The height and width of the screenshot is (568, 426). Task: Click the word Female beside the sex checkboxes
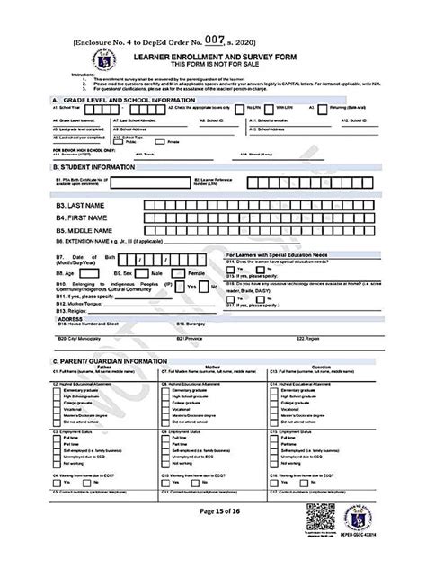(x=197, y=271)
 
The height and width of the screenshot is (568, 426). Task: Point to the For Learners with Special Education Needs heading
(x=286, y=254)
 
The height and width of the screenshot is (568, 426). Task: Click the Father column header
(x=103, y=368)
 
